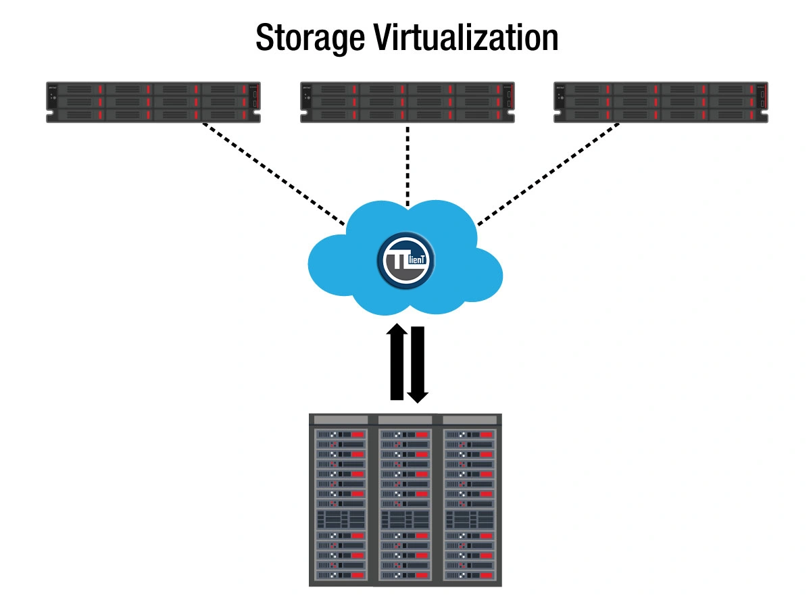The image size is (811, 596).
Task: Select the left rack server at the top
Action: tap(153, 102)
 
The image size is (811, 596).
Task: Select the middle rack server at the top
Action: tap(407, 102)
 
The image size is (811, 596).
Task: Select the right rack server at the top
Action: tap(661, 102)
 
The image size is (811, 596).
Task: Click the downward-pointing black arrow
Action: tap(418, 365)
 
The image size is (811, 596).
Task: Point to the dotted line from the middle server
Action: tap(407, 162)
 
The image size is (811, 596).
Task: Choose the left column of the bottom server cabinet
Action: tap(341, 503)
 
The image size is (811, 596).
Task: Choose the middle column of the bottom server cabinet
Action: tap(405, 503)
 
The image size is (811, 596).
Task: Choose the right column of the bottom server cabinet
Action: tap(470, 503)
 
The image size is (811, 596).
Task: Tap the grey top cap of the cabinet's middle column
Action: tap(405, 420)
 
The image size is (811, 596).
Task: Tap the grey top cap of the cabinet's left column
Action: tap(341, 420)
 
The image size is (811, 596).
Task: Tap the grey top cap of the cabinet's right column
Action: tap(470, 420)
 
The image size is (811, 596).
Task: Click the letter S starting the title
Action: tap(266, 39)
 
